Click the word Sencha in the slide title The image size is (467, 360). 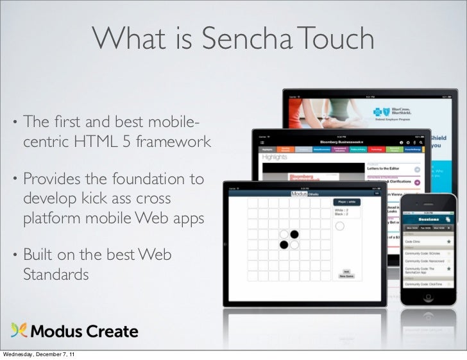click(246, 40)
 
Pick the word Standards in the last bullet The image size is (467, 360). click(56, 275)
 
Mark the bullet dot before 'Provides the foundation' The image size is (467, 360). click(13, 179)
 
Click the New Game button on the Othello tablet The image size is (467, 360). click(346, 277)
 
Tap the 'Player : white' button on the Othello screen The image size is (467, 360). click(346, 202)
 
